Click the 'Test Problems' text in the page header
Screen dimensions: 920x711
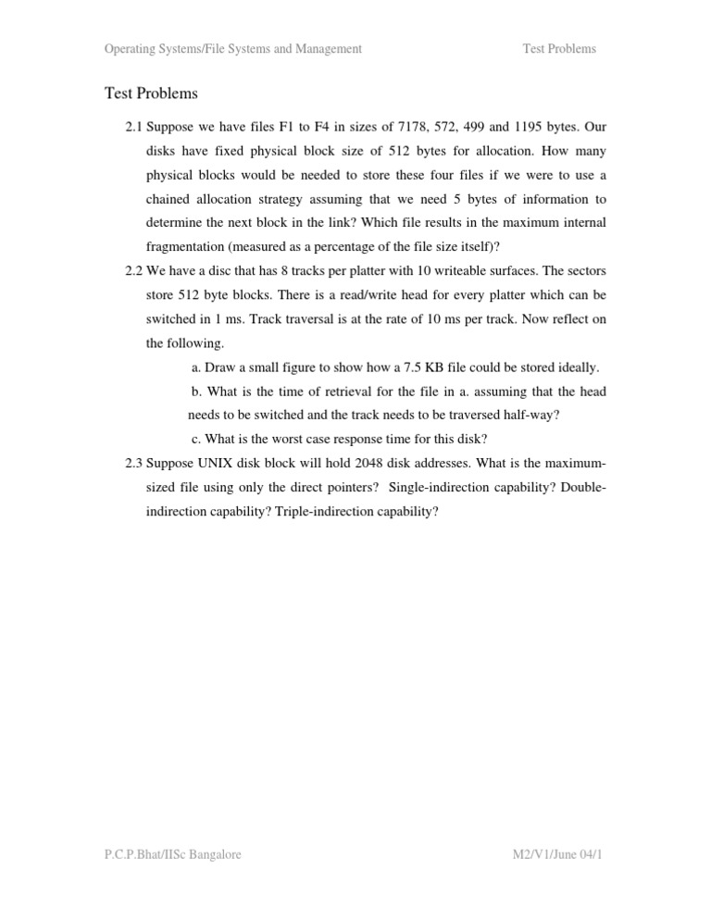coord(560,49)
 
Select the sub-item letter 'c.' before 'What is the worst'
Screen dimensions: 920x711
coord(196,439)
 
